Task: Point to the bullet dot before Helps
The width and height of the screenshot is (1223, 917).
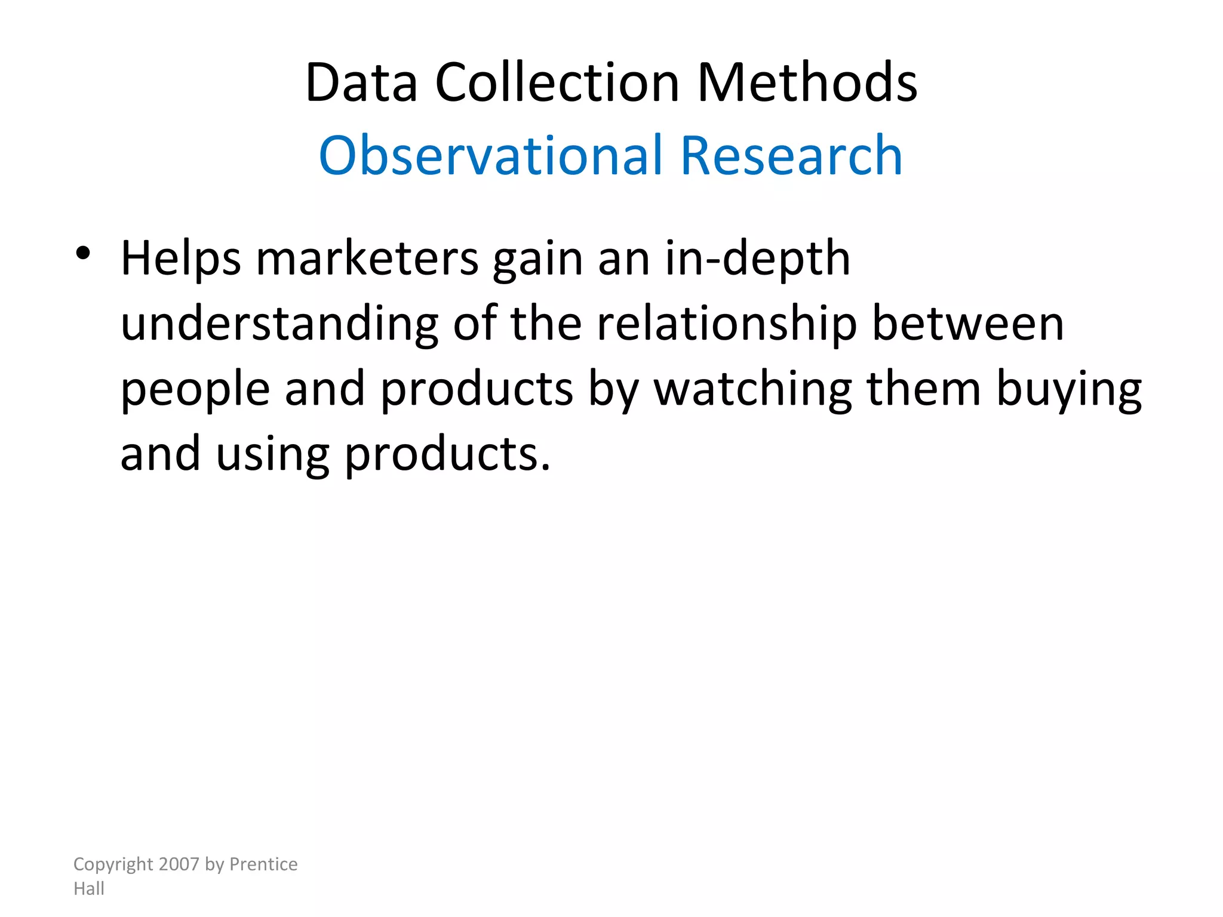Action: pyautogui.click(x=83, y=254)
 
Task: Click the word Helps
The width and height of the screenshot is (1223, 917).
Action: pyautogui.click(x=181, y=259)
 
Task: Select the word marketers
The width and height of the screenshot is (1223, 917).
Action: pyautogui.click(x=367, y=259)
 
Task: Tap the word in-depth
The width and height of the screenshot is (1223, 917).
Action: pyautogui.click(x=757, y=259)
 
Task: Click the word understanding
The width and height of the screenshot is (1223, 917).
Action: pyautogui.click(x=279, y=324)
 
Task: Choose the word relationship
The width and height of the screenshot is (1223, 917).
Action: pyautogui.click(x=727, y=324)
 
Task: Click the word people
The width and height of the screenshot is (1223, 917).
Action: pyautogui.click(x=195, y=390)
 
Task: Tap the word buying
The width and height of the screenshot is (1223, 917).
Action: pyautogui.click(x=1069, y=390)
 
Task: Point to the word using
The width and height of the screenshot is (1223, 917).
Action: pyautogui.click(x=272, y=455)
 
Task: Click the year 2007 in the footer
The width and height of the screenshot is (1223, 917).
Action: pyautogui.click(x=179, y=864)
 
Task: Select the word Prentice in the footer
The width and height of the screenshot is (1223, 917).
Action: pyautogui.click(x=263, y=864)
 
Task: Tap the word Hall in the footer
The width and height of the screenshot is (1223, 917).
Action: pyautogui.click(x=89, y=888)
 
